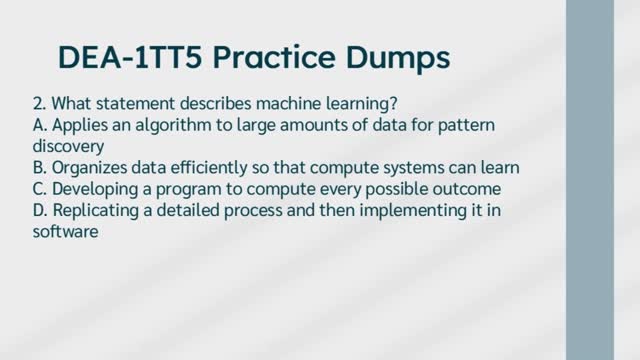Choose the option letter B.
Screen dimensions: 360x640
point(38,166)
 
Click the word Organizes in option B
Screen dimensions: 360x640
point(90,166)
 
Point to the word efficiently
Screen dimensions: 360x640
point(216,166)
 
